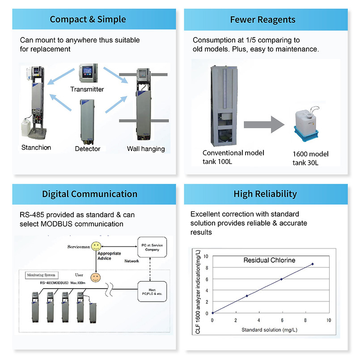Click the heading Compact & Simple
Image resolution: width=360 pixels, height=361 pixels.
[x=88, y=19]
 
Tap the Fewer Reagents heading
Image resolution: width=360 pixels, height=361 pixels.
[x=263, y=19]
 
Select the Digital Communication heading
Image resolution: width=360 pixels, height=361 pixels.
[x=89, y=194]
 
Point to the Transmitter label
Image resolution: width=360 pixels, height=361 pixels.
[x=87, y=89]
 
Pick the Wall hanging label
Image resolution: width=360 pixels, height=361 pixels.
[x=146, y=149]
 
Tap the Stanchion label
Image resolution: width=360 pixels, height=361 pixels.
[x=36, y=147]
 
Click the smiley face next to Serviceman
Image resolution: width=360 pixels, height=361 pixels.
[x=94, y=247]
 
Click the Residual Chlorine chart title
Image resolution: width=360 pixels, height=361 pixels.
[x=269, y=260]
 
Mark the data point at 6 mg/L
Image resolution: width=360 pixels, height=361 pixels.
[x=281, y=279]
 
